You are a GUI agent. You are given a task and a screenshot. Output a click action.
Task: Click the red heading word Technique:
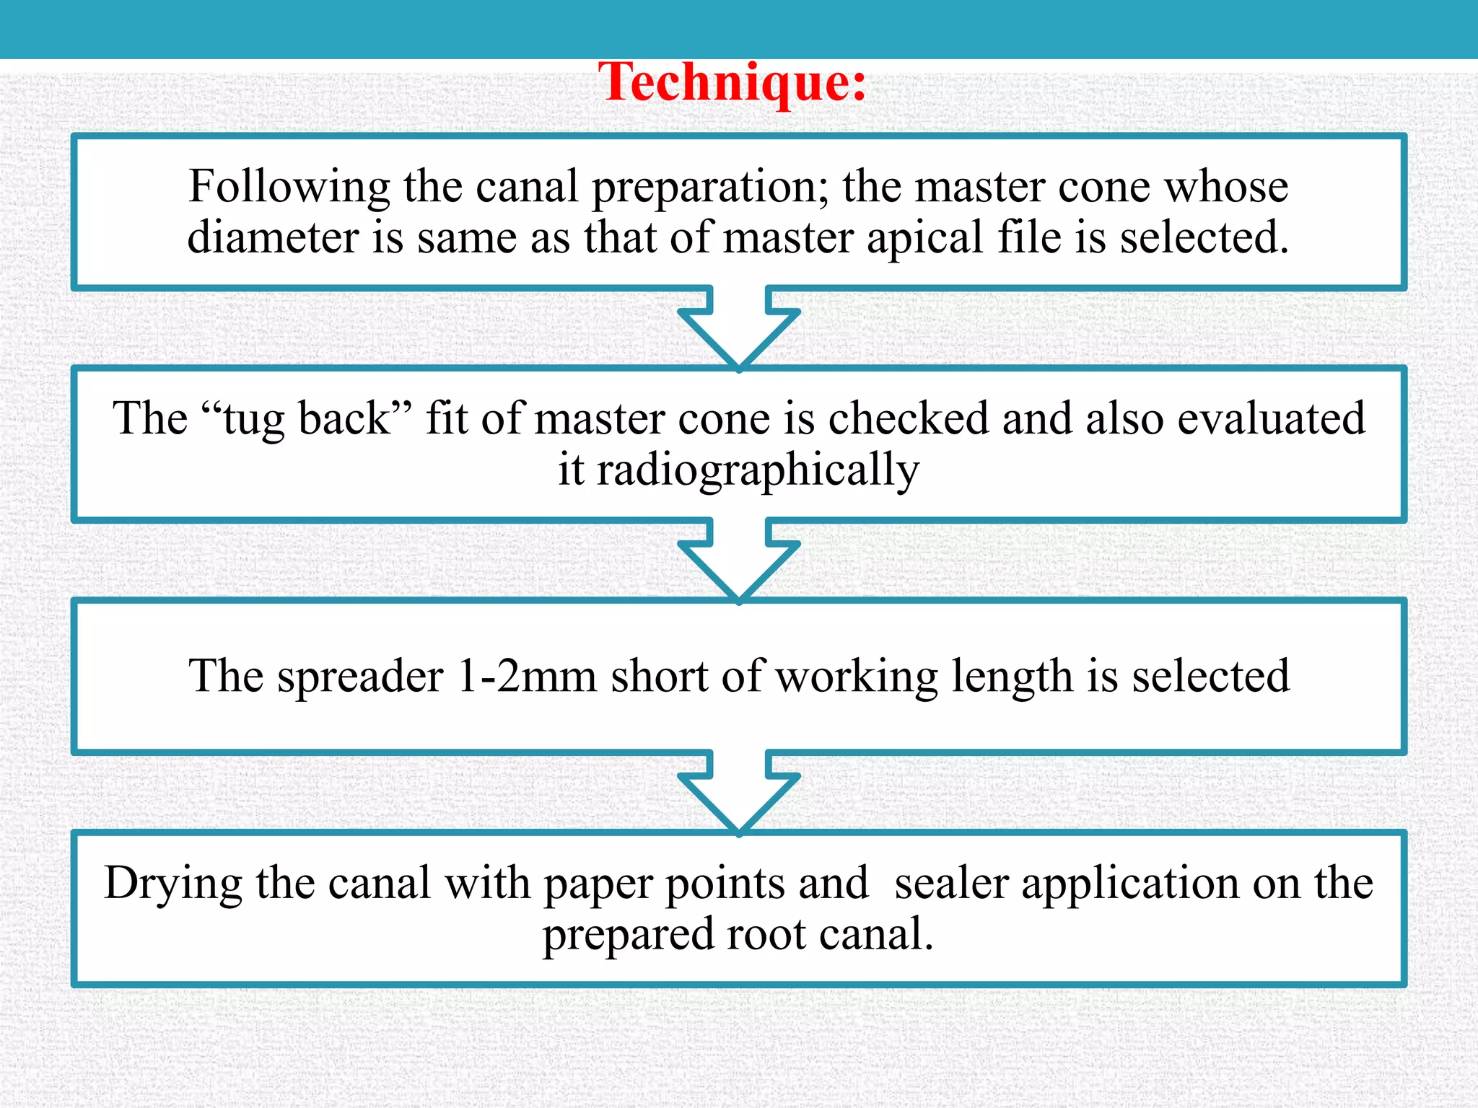pyautogui.click(x=732, y=83)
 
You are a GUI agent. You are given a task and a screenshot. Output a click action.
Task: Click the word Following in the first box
pyautogui.click(x=289, y=186)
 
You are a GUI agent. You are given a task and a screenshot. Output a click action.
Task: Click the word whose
pyautogui.click(x=1227, y=186)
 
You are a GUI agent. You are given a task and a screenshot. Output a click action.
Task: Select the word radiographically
pyautogui.click(x=758, y=471)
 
